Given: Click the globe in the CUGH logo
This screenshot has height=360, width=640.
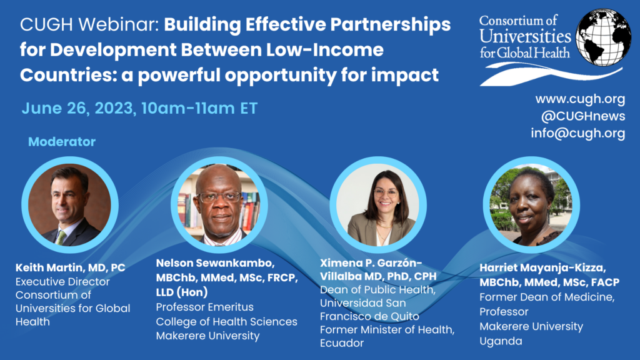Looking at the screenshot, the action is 603,37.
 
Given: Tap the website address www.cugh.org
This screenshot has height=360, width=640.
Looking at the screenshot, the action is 580,99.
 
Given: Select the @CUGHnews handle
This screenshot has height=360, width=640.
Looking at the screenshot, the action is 583,116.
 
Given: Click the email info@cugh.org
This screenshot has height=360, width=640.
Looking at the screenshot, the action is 578,133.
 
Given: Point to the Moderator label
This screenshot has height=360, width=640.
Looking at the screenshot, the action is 62,142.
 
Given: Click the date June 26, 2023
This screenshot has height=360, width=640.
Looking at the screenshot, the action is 77,109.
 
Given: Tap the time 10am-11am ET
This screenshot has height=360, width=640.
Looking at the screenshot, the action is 199,109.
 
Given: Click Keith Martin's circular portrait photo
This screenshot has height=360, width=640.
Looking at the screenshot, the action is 70,205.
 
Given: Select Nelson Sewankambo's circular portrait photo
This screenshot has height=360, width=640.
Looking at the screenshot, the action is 219,205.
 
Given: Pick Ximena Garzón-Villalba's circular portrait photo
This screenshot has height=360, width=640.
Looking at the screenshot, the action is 378,205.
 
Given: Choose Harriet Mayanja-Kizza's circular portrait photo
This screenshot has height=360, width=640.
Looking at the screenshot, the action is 531,205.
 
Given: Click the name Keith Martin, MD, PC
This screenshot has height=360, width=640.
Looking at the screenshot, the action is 70,267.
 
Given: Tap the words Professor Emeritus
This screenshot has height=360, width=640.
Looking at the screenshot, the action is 204,307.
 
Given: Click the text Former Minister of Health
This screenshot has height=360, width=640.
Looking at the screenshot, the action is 387,330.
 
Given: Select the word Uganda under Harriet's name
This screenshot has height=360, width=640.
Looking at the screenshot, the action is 501,342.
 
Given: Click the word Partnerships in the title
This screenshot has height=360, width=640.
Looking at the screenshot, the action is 391,25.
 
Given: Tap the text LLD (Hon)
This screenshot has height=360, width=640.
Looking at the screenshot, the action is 182,292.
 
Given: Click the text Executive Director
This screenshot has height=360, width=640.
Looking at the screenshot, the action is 62,282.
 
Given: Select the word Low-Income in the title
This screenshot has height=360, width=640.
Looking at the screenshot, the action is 325,50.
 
